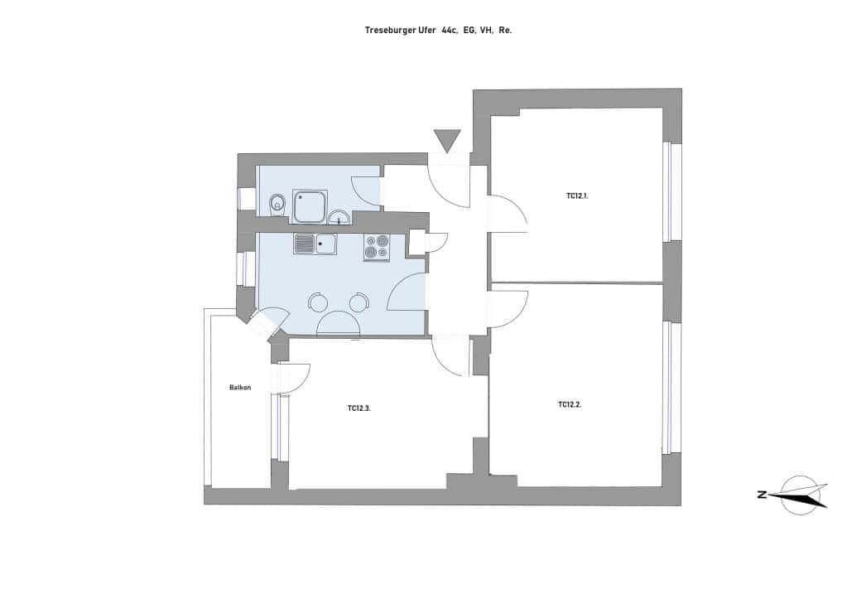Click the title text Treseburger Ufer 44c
point(411,31)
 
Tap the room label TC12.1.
point(577,196)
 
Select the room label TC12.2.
point(570,404)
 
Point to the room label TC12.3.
point(359,408)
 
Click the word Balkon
point(240,388)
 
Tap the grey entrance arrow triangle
point(447,141)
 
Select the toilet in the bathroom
point(277,205)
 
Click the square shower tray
point(310,206)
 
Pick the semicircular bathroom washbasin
point(339,217)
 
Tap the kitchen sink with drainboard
point(315,244)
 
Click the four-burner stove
point(377,248)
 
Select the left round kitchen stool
point(318,302)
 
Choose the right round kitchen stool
point(359,302)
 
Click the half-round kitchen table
point(338,323)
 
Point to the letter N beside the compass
point(763,494)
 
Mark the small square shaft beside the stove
point(417,242)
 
